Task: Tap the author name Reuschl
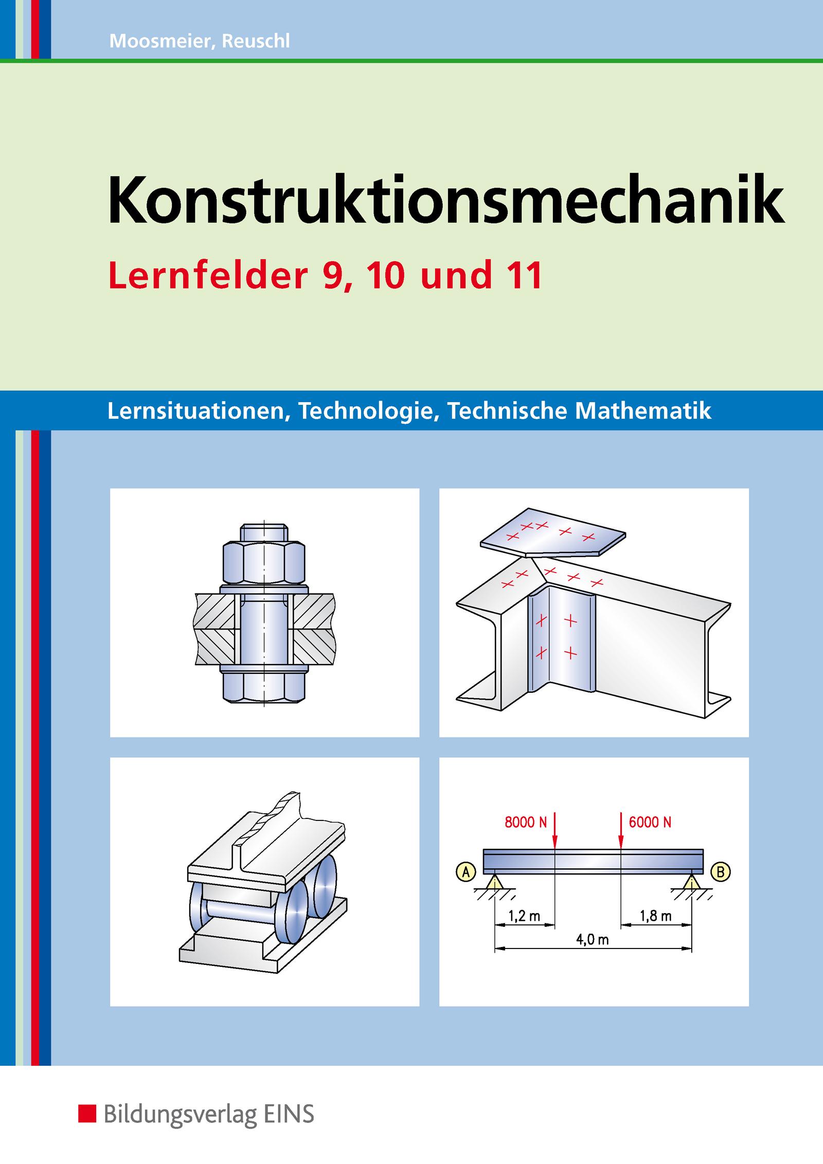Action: (256, 42)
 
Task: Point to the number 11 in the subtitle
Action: (524, 276)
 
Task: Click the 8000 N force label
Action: (526, 822)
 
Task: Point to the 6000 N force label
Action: (650, 822)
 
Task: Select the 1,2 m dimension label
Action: (524, 916)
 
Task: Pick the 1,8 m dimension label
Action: (656, 916)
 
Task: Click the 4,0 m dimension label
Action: (593, 940)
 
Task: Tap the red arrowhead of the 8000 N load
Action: (555, 842)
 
